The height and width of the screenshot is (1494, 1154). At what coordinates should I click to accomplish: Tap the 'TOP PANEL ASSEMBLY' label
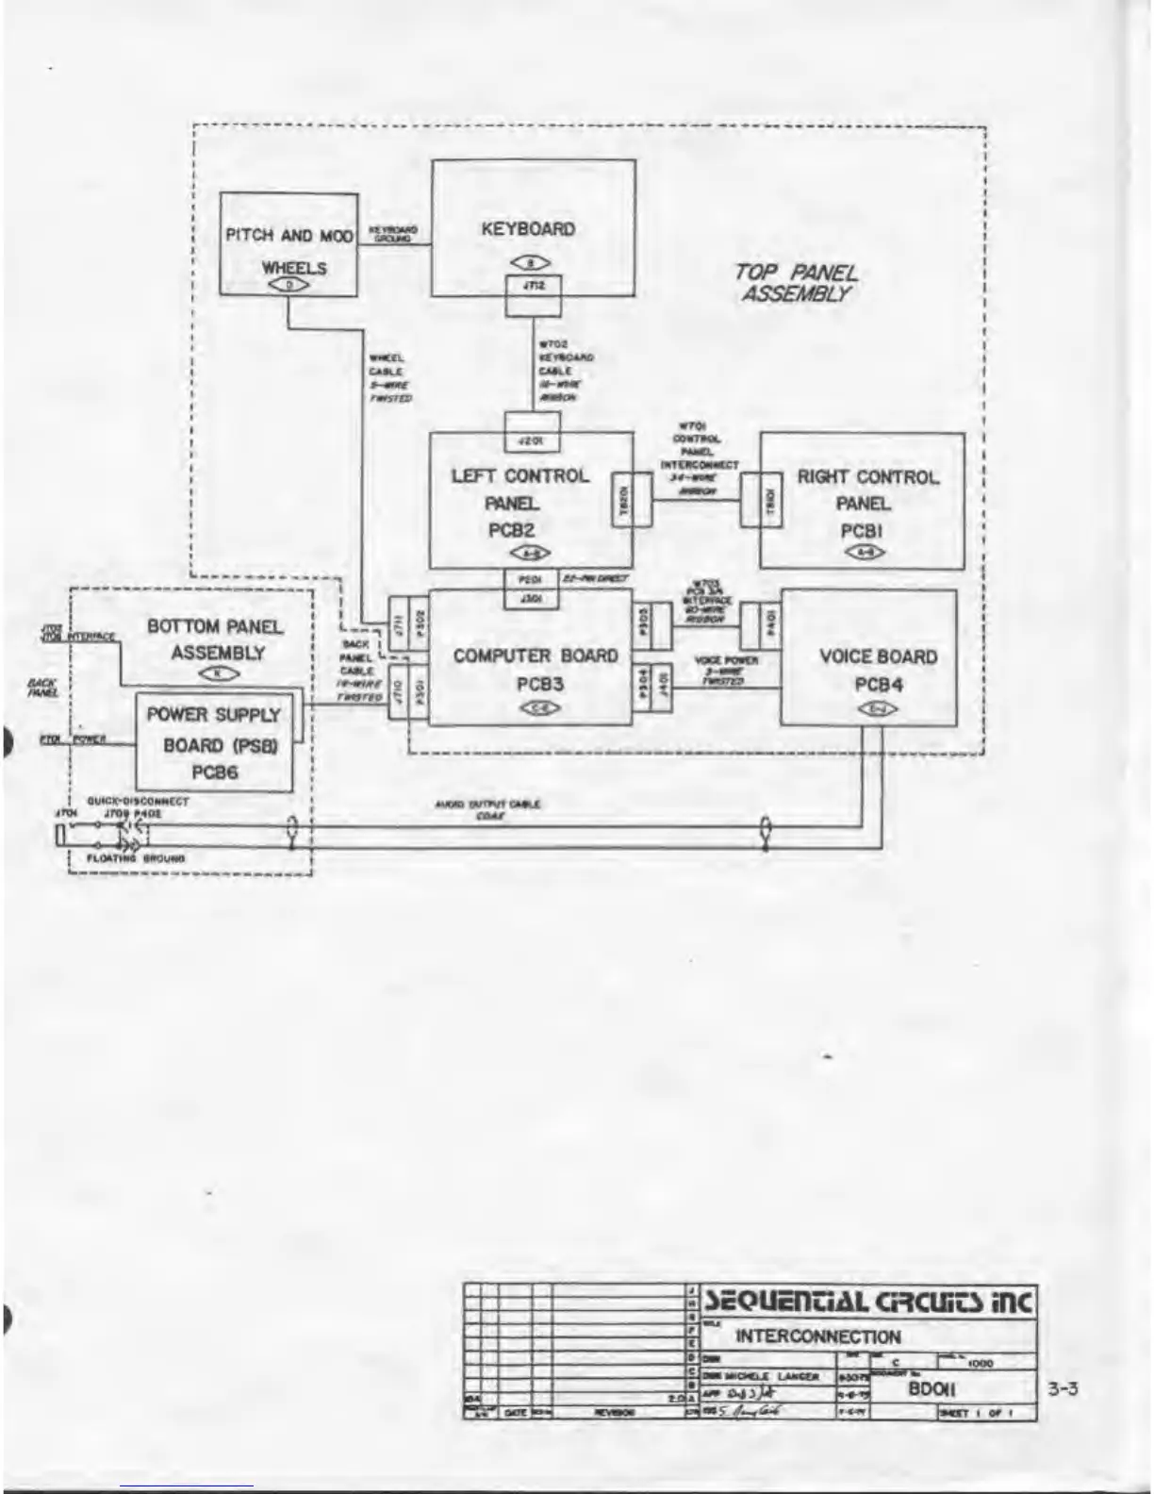pyautogui.click(x=796, y=283)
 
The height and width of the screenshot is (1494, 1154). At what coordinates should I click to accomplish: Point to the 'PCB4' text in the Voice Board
pyautogui.click(x=878, y=685)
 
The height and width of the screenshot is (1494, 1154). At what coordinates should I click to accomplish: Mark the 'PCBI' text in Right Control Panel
pyautogui.click(x=861, y=531)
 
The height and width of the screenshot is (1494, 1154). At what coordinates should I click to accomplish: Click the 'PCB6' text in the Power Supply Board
pyautogui.click(x=215, y=772)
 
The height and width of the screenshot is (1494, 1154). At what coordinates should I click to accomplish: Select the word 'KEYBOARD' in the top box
pyautogui.click(x=528, y=228)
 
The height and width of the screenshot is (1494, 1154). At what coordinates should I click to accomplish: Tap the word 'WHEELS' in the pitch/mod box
pyautogui.click(x=293, y=268)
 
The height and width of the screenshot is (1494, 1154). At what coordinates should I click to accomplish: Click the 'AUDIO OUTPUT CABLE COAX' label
pyautogui.click(x=487, y=810)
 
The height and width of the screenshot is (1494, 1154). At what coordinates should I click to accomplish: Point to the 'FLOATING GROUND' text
pyautogui.click(x=136, y=858)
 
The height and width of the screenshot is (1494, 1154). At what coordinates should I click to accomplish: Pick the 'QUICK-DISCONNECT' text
pyautogui.click(x=138, y=801)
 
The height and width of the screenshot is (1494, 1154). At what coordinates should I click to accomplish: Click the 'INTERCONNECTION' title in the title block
pyautogui.click(x=817, y=1336)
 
